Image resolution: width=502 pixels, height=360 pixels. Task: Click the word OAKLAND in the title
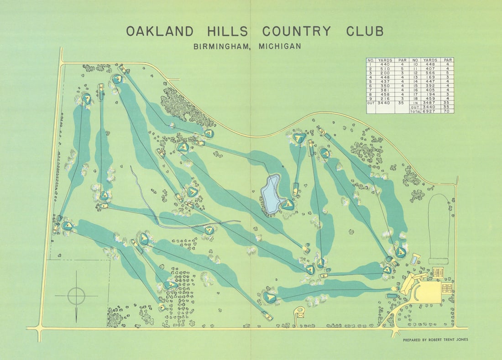(x=160, y=31)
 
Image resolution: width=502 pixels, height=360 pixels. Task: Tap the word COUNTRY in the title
(x=297, y=31)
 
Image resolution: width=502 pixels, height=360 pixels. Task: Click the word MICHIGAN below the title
(x=279, y=46)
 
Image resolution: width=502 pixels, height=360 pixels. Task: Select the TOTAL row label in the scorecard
(x=415, y=111)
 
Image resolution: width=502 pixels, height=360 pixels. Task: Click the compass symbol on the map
(x=76, y=296)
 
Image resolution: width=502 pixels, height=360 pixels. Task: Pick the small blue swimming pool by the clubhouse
(x=414, y=260)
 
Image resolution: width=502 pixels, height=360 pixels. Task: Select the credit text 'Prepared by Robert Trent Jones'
(x=435, y=340)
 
